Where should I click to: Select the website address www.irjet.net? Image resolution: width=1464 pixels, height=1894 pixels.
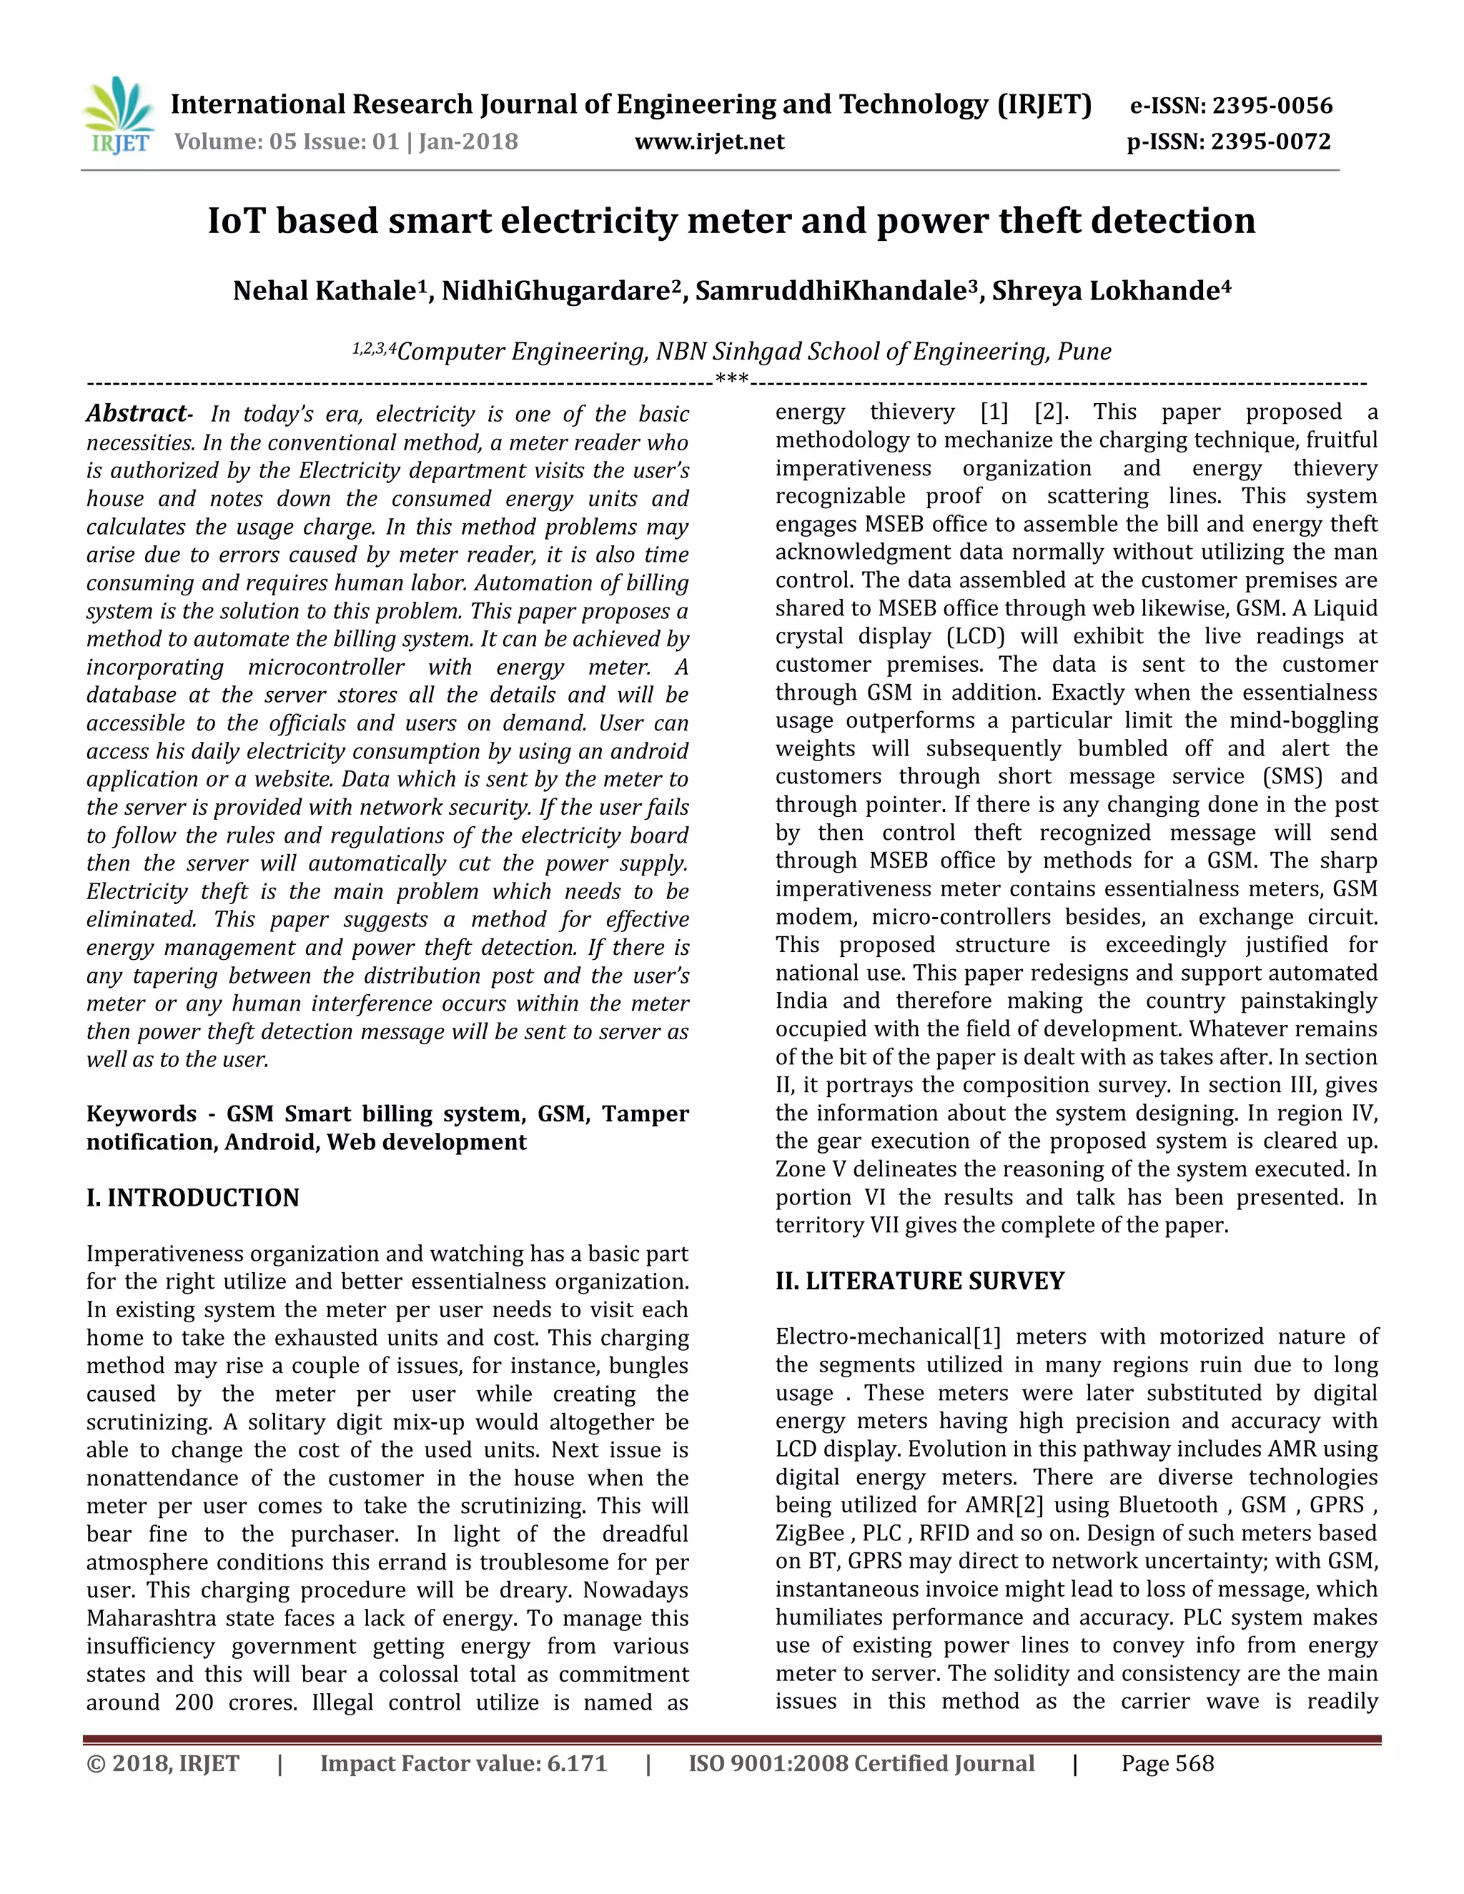(709, 142)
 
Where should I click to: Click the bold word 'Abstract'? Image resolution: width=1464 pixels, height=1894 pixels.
(136, 414)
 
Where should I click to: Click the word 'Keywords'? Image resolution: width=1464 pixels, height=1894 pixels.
(142, 1114)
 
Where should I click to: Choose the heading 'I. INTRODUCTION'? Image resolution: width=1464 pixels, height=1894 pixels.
(192, 1198)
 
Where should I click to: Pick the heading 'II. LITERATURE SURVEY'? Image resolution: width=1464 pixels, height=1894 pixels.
(919, 1281)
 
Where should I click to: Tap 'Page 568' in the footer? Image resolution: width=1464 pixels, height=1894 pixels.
(1167, 1763)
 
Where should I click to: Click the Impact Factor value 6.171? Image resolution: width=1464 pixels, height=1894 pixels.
(577, 1763)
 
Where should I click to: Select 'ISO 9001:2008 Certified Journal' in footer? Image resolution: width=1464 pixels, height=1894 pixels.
(861, 1763)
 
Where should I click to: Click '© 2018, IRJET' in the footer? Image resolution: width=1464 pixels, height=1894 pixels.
(162, 1763)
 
